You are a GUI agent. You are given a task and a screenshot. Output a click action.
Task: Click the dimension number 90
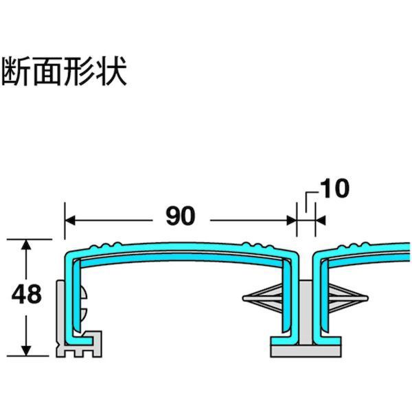(x=181, y=216)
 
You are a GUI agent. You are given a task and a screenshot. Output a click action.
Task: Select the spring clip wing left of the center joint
(x=268, y=299)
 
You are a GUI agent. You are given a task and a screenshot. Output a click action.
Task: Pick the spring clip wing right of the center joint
(x=343, y=299)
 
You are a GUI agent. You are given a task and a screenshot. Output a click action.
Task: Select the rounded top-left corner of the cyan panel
(x=69, y=255)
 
